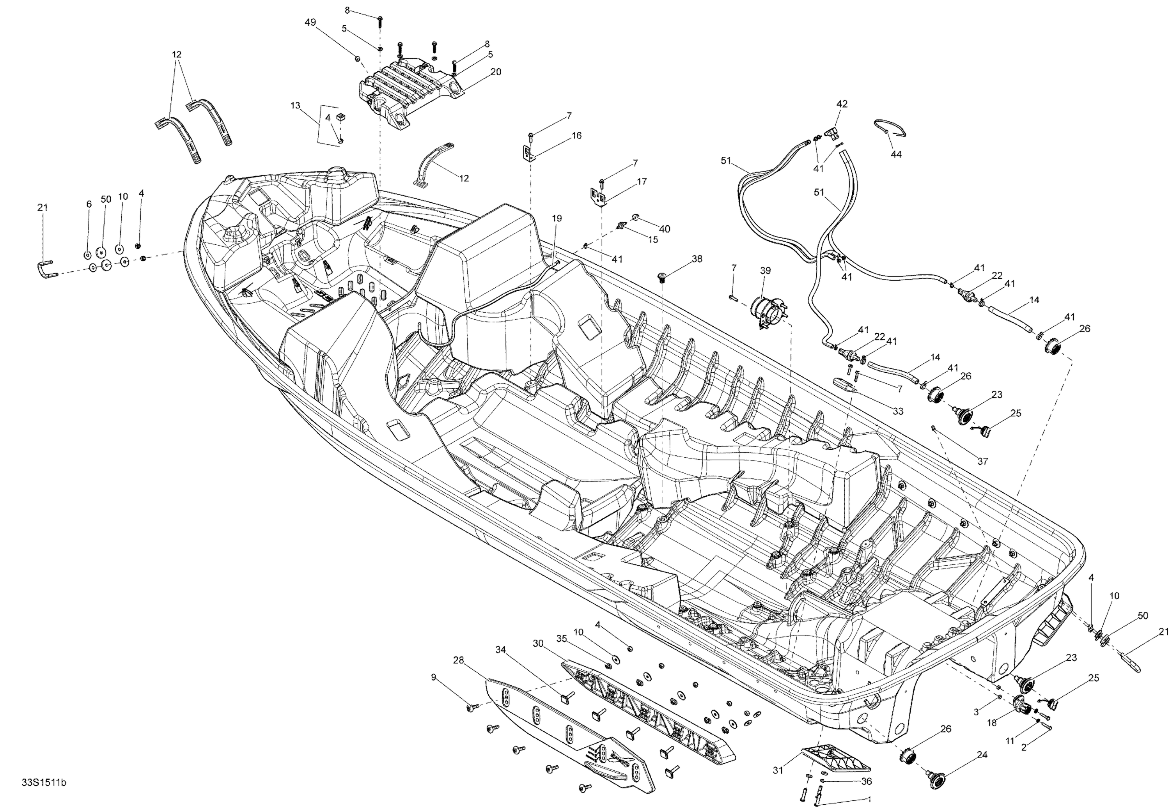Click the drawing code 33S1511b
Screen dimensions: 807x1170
tap(44, 783)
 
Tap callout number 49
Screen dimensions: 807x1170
tap(310, 22)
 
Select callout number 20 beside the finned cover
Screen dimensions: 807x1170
tap(495, 72)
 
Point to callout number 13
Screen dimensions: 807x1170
tap(295, 106)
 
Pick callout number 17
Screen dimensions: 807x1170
tap(642, 182)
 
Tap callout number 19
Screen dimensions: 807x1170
tap(557, 218)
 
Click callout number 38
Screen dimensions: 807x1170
tap(697, 259)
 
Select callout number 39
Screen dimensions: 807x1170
tap(765, 271)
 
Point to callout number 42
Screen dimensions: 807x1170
tap(842, 104)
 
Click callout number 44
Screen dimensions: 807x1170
tap(895, 154)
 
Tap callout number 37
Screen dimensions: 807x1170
tap(982, 461)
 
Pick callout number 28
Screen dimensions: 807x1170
tap(458, 660)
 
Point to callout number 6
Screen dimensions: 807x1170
tap(89, 204)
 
